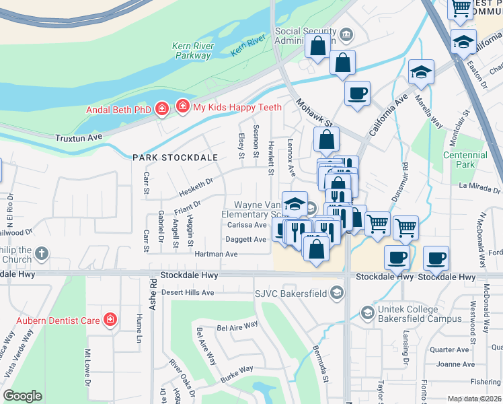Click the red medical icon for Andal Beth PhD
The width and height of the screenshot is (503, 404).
tap(161, 110)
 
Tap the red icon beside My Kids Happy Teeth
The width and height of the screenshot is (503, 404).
tap(182, 106)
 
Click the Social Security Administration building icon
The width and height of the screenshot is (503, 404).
tap(346, 34)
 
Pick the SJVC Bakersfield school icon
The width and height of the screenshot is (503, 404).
tap(337, 293)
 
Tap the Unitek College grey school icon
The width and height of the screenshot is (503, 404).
tap(367, 312)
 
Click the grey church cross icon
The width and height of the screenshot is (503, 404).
tap(42, 254)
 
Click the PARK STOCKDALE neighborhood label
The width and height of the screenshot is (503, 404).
tap(175, 158)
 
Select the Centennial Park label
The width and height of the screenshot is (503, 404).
tap(465, 160)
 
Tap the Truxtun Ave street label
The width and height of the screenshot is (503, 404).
tap(79, 137)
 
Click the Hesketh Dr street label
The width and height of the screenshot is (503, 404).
tap(195, 182)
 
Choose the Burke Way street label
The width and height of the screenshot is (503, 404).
tap(235, 370)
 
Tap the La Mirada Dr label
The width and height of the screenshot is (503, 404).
tap(480, 185)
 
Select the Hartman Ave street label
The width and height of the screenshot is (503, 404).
tap(216, 255)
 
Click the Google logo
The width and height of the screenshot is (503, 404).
tap(22, 396)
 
